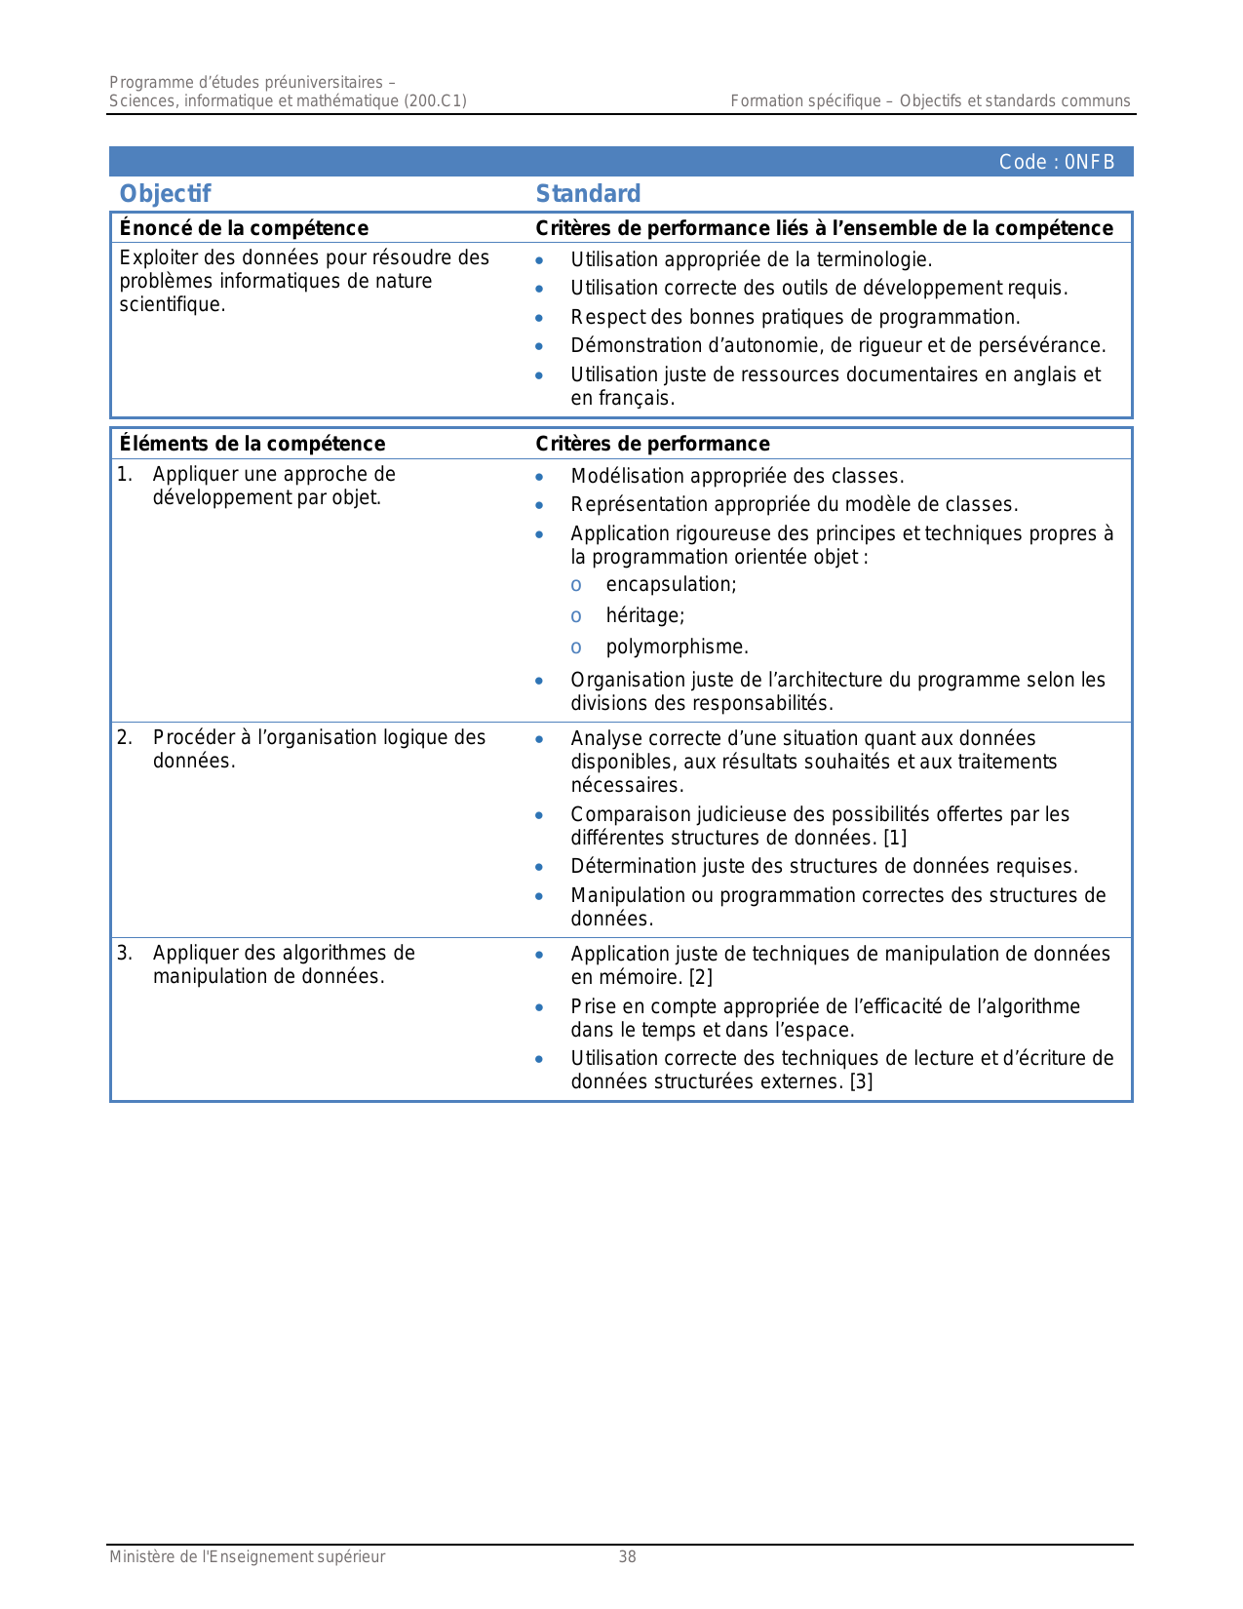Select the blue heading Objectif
point(165,193)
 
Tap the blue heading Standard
point(588,193)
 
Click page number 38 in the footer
point(627,1557)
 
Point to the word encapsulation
point(671,584)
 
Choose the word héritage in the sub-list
point(644,615)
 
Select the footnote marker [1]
point(895,838)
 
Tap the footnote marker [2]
point(701,977)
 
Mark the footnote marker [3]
point(861,1081)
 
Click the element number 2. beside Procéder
point(124,737)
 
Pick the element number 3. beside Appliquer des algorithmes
point(124,953)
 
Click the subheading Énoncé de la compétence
point(244,228)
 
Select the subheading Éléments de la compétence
point(252,444)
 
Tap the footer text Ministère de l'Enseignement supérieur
point(247,1557)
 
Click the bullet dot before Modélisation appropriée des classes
point(539,477)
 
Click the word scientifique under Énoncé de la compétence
point(172,304)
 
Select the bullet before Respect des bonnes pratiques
point(539,318)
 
